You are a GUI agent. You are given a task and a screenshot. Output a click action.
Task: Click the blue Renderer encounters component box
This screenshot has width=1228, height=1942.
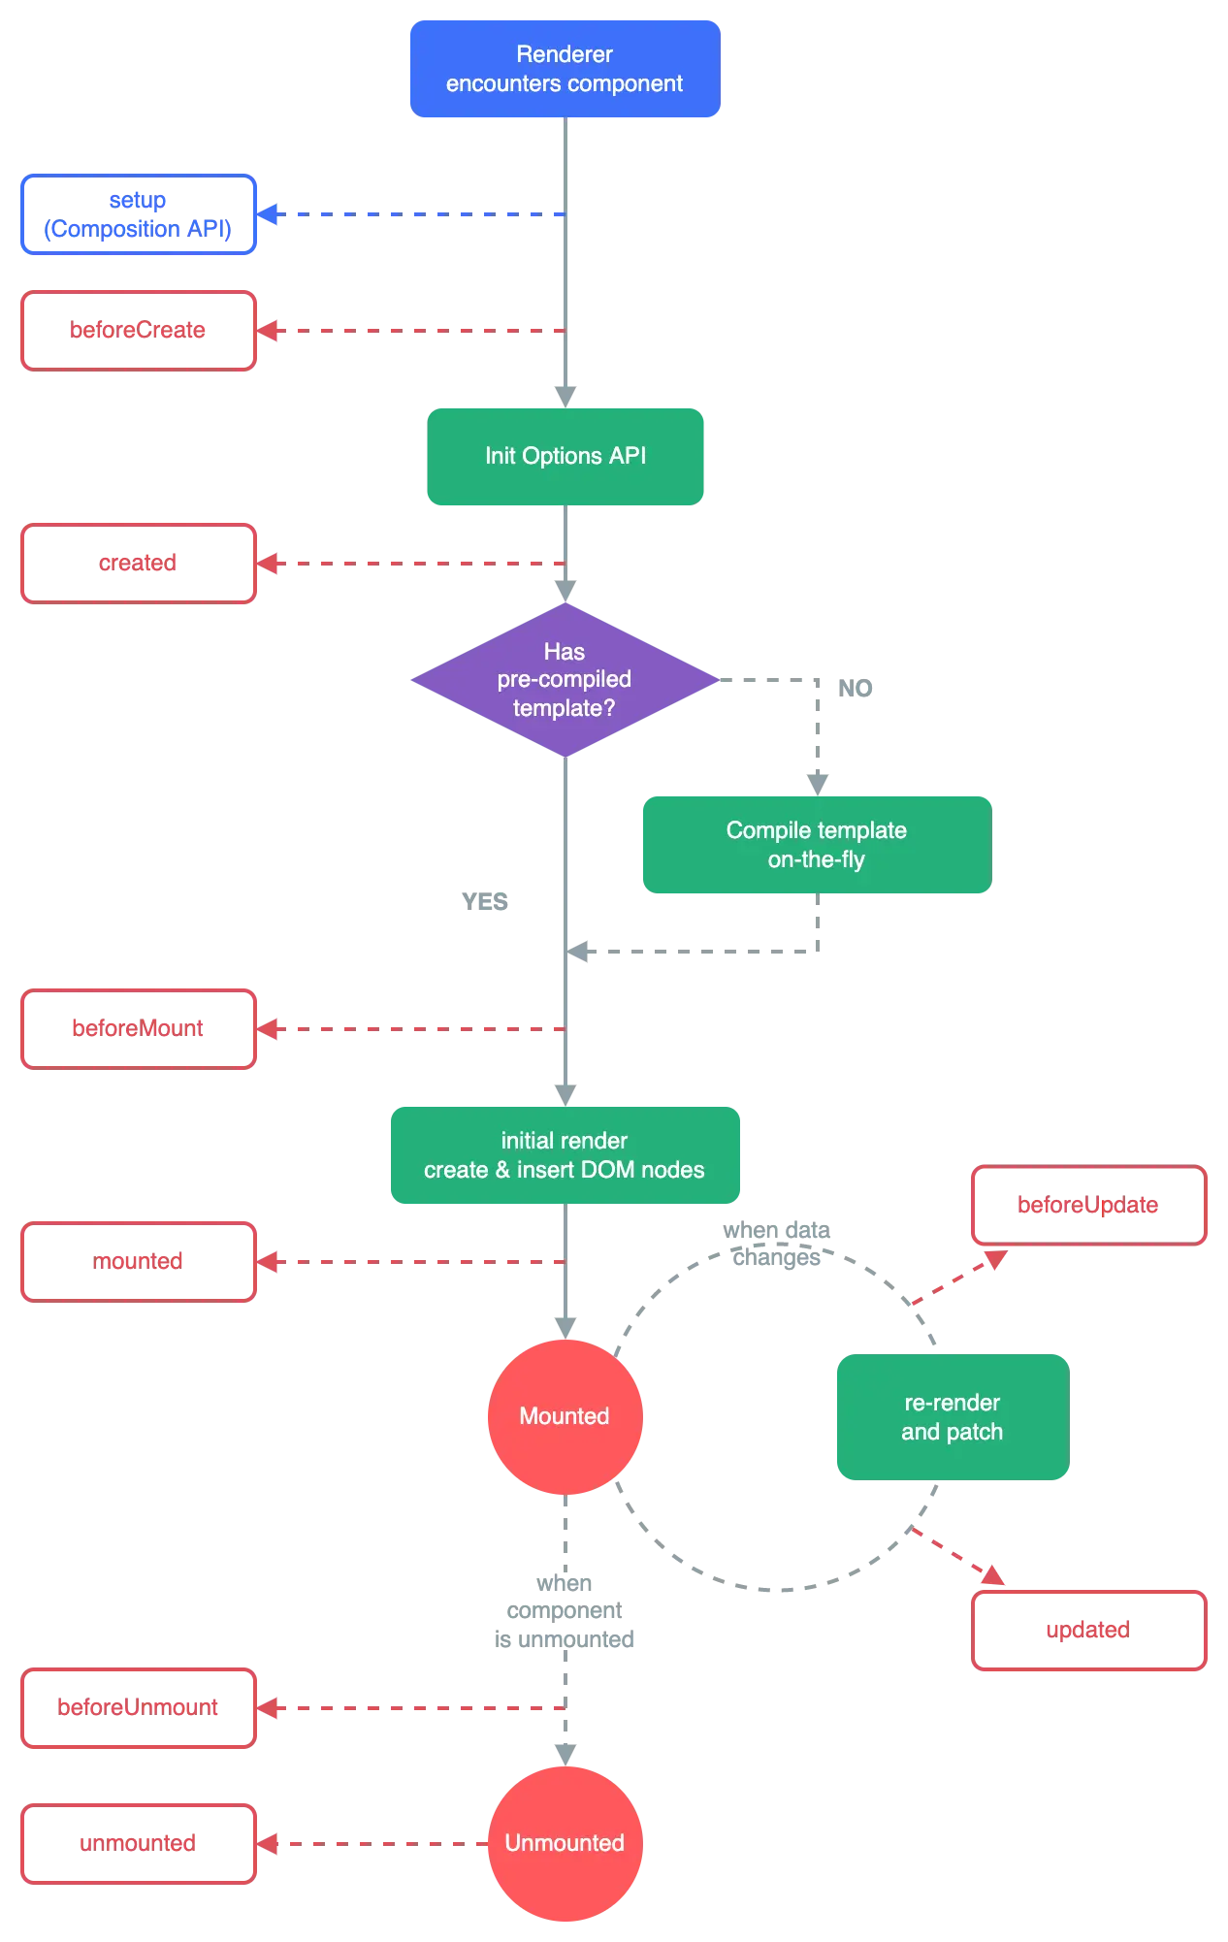(565, 69)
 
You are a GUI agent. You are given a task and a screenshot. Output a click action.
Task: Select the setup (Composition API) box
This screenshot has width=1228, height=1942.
(138, 214)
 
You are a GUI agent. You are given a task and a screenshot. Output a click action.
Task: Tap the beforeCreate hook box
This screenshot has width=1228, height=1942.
(138, 330)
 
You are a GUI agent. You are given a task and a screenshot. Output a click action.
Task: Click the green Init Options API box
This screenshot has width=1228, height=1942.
(566, 456)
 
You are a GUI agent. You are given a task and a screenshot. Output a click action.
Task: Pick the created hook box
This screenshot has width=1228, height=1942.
(138, 564)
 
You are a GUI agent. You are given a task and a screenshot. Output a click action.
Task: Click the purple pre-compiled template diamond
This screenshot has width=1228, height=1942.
(565, 680)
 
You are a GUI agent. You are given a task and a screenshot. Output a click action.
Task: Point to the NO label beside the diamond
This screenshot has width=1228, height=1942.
(857, 687)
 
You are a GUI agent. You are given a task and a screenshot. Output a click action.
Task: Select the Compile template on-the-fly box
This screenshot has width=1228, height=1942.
(816, 845)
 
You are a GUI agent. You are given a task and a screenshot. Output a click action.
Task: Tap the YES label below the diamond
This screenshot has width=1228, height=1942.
(486, 903)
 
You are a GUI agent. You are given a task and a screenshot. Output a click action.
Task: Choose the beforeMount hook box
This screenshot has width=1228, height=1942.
(138, 1028)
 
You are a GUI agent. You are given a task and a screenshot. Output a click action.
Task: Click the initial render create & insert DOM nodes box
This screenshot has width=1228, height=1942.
(565, 1155)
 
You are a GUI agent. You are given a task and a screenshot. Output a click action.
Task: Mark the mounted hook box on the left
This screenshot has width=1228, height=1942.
(138, 1261)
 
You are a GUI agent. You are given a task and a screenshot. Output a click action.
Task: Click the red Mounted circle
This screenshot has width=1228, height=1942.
(565, 1416)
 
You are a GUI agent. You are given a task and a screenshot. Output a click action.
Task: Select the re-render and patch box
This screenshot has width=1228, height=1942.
(952, 1417)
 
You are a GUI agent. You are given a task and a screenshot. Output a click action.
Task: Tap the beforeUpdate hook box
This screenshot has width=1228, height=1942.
(1089, 1206)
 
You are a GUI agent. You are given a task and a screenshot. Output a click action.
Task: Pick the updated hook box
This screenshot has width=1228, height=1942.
(1089, 1631)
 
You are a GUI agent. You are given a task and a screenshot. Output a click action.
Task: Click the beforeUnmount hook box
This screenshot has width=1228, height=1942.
(138, 1707)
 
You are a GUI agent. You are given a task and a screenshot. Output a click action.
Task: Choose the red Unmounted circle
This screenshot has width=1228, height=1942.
(565, 1843)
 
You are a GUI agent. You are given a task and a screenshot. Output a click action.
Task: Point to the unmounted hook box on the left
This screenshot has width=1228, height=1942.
(138, 1843)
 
